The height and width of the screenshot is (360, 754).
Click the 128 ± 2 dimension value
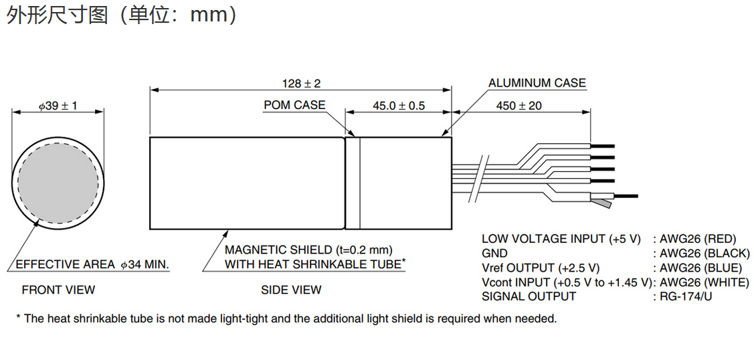(x=301, y=84)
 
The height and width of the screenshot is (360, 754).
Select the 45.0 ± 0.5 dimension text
(x=399, y=106)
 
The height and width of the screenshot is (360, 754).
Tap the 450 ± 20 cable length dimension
(x=519, y=106)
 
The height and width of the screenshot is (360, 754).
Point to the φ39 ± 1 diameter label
(x=57, y=106)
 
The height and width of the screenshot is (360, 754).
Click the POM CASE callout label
(x=294, y=105)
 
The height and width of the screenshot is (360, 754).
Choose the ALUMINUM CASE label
(x=537, y=84)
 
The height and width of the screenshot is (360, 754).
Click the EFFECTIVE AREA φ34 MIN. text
(x=92, y=265)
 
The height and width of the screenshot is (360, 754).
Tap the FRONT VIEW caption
(x=58, y=290)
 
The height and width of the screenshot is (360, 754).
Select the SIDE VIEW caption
(x=291, y=290)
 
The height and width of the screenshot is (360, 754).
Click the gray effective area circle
(x=58, y=182)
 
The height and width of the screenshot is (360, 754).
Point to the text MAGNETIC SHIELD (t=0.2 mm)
(x=308, y=250)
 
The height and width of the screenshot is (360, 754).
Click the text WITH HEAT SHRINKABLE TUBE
(x=313, y=264)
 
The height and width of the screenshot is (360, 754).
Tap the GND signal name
(x=494, y=254)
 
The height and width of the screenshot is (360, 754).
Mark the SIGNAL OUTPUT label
(x=529, y=296)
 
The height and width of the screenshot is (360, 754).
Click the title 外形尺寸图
(x=57, y=15)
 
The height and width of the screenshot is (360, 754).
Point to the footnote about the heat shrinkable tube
(x=286, y=319)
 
